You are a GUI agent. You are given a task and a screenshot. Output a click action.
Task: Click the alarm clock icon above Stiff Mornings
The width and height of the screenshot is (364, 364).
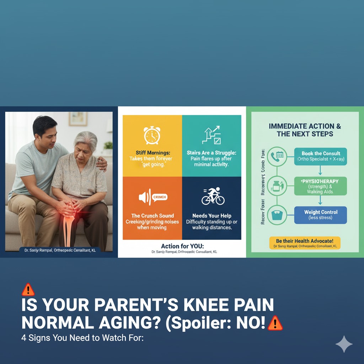coord(152,135)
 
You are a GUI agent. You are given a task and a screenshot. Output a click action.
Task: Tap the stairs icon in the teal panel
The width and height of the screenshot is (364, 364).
coord(211,135)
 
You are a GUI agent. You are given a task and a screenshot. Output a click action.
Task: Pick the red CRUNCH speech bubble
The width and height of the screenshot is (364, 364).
coord(159,197)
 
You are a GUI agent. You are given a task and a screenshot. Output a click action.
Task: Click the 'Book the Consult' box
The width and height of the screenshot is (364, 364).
coord(320,156)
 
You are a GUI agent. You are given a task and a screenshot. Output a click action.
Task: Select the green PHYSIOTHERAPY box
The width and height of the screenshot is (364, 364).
coord(320,186)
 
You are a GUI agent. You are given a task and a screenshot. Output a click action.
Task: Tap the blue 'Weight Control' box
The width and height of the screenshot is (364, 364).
coord(320,215)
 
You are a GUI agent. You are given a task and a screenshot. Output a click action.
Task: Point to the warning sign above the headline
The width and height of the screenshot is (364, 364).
coord(28,290)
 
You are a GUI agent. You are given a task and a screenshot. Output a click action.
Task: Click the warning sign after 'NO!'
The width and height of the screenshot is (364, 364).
coord(275,323)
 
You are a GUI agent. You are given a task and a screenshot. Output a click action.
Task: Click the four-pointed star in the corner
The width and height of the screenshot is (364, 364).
coord(344,344)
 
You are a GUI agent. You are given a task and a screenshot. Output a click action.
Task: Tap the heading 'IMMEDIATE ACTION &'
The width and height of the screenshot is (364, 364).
coord(305,126)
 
